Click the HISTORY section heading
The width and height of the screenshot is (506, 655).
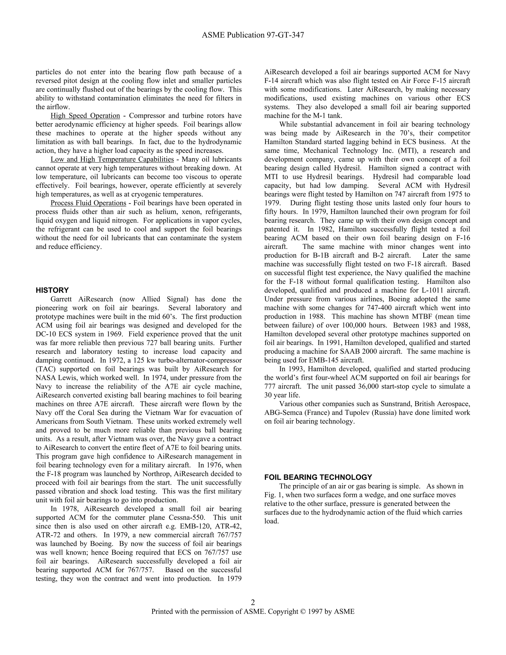pyautogui.click(x=52, y=290)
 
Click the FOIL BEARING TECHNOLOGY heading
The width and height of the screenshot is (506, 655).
pyautogui.click(x=318, y=477)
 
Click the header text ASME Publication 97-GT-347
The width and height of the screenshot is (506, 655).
pyautogui.click(x=253, y=35)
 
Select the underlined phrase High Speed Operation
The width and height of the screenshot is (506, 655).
pyautogui.click(x=85, y=116)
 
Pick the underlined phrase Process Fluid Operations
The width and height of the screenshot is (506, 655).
pyautogui.click(x=88, y=203)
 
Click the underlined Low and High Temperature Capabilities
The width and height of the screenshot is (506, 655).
pyautogui.click(x=112, y=159)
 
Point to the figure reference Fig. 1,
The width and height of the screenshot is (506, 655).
pyautogui.click(x=273, y=495)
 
